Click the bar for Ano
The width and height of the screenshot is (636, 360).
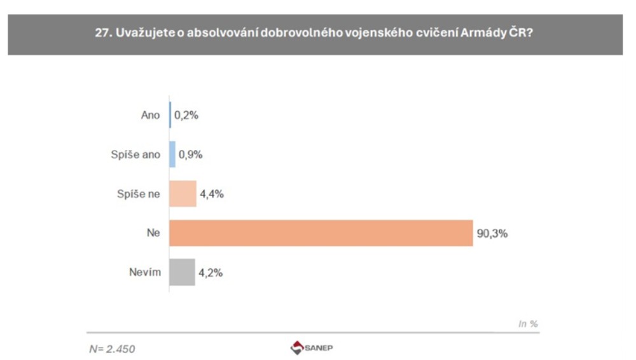click(x=170, y=116)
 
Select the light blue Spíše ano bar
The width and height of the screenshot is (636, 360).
click(x=172, y=155)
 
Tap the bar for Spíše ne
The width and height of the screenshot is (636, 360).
click(x=183, y=194)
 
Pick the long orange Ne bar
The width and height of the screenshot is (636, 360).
click(x=321, y=233)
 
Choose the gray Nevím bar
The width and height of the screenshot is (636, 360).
click(x=182, y=272)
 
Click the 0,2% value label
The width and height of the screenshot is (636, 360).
click(x=186, y=116)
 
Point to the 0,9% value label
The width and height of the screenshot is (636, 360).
click(x=191, y=155)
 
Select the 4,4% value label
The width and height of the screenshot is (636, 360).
click(x=212, y=194)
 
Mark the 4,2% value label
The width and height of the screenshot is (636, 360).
click(x=211, y=272)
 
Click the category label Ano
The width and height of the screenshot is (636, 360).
click(x=150, y=116)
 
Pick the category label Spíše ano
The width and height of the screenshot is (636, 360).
click(x=135, y=155)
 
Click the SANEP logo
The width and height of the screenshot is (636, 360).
click(x=312, y=348)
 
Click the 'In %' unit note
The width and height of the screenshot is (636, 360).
click(x=529, y=324)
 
